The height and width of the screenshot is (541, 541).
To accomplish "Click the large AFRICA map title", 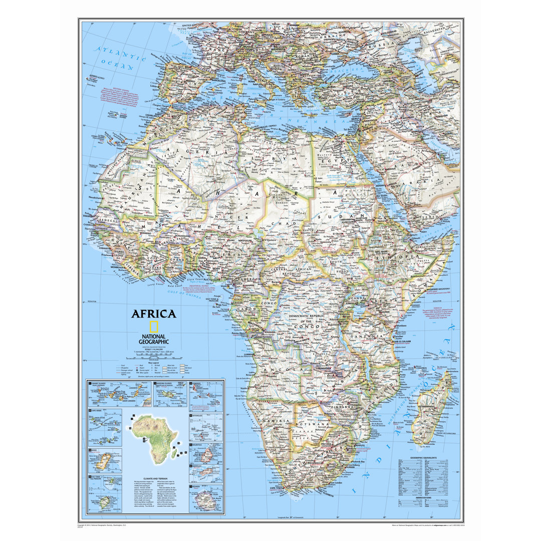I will (x=154, y=314).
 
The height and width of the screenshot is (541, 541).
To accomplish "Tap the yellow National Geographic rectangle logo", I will (x=154, y=327).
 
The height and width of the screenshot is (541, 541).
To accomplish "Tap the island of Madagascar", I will (x=432, y=411).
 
